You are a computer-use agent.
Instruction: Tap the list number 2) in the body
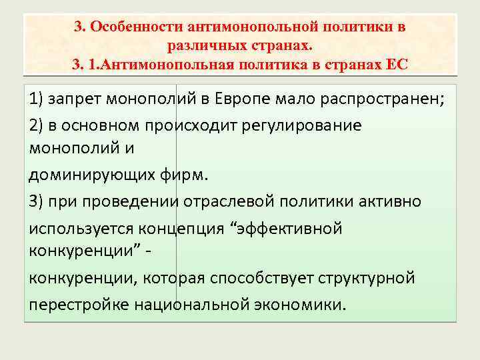37,125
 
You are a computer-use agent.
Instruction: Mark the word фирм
184,176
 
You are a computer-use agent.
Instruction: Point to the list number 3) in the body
37,201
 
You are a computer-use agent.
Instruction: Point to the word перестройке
79,303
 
